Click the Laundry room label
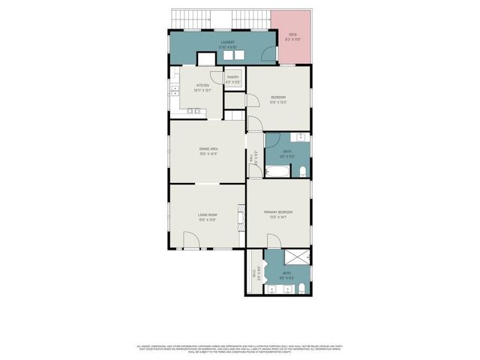click(x=228, y=43)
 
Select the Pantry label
click(x=232, y=79)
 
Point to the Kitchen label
click(x=202, y=87)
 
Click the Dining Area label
click(x=208, y=150)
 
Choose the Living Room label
click(x=207, y=217)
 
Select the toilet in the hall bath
click(x=301, y=172)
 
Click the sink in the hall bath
click(x=301, y=139)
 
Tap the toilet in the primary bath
click(x=301, y=289)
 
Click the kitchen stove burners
click(x=192, y=112)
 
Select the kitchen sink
click(x=175, y=90)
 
